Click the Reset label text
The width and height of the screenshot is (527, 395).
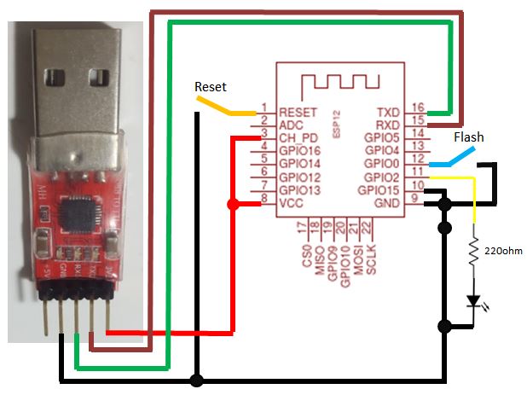211,87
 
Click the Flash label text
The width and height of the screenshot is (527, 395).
468,137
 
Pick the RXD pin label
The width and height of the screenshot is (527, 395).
389,125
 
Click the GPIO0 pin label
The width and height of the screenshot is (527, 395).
381,163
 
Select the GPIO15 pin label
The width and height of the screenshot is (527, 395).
378,189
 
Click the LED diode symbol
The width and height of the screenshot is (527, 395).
474,300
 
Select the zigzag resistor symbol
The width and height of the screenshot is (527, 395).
474,254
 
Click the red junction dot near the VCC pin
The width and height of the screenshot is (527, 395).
232,205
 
